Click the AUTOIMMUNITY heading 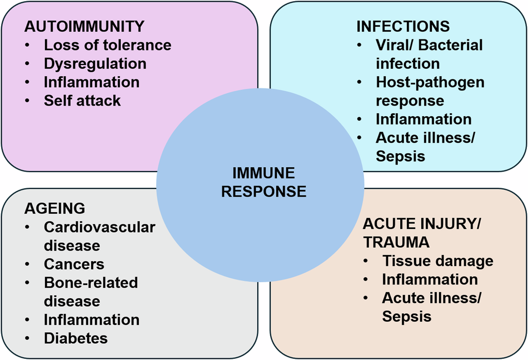(x=84, y=26)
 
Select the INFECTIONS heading (x=403, y=26)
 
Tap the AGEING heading (x=54, y=208)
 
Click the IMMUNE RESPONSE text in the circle (x=264, y=182)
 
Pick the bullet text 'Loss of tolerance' (x=108, y=45)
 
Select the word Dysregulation (x=96, y=63)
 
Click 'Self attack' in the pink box (x=82, y=101)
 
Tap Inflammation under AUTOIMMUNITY (x=92, y=82)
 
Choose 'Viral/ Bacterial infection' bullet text (x=429, y=54)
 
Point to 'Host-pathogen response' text (x=430, y=91)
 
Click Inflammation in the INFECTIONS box (x=424, y=119)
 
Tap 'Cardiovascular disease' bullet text (x=99, y=236)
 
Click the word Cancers (x=74, y=264)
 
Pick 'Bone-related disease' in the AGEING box (x=91, y=292)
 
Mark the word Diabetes (x=76, y=338)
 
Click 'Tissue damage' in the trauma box (x=437, y=261)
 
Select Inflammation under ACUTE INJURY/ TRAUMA (x=430, y=279)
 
